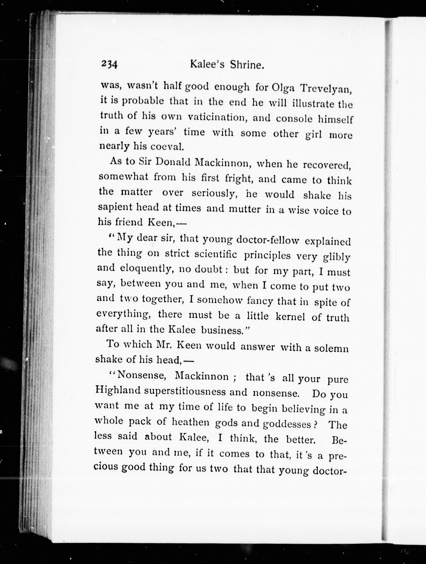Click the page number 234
click(109, 64)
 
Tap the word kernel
click(290, 316)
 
